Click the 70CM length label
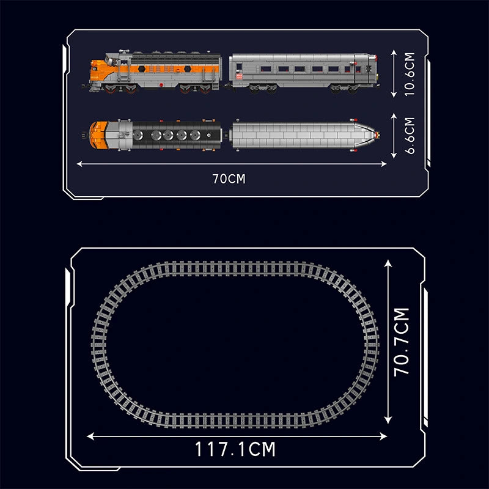coord(229,178)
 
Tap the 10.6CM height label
coord(410,74)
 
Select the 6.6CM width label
coord(410,135)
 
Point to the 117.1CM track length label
coord(235,449)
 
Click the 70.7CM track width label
coord(402,342)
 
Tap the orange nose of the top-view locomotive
coord(98,135)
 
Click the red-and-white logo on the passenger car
coord(239,76)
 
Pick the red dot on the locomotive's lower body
coord(161,84)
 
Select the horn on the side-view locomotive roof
coord(124,51)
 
